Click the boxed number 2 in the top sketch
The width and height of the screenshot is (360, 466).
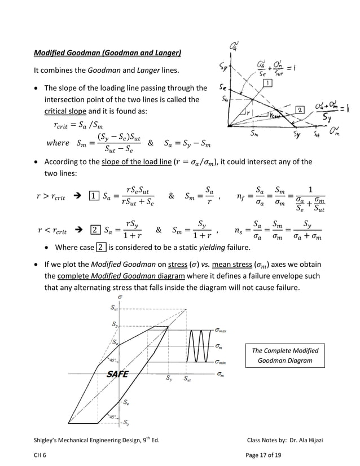[300, 109]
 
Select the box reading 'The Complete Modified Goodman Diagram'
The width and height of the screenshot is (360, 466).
[285, 355]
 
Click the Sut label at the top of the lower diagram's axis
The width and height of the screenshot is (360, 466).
[113, 308]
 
